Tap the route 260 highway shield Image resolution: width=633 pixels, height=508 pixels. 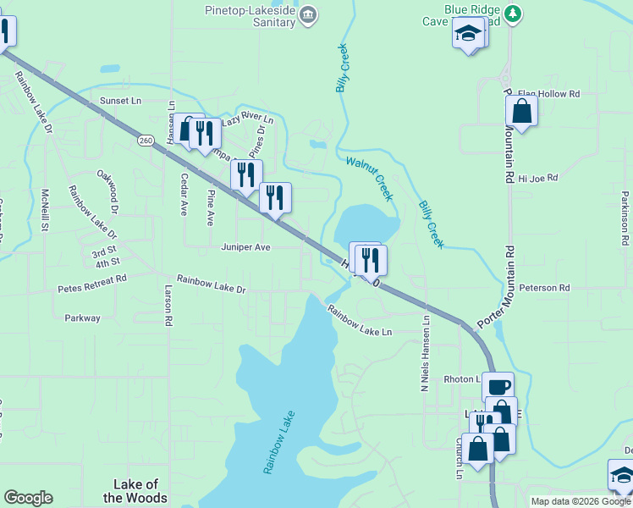(x=147, y=141)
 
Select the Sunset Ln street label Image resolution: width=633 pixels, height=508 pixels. (x=120, y=101)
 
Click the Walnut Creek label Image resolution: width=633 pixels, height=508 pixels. (x=370, y=177)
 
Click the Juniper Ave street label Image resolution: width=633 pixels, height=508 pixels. (x=245, y=247)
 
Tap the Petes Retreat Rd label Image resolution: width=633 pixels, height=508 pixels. (x=91, y=289)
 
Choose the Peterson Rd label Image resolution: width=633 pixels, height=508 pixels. (x=544, y=288)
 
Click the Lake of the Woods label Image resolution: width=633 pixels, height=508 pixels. (x=135, y=491)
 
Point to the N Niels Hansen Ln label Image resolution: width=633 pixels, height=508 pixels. (x=426, y=348)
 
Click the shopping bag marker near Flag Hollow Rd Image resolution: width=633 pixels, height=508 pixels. (x=521, y=111)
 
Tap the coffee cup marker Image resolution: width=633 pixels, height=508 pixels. (x=498, y=387)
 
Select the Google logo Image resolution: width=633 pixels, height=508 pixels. (x=28, y=498)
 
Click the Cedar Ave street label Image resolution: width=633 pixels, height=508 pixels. (x=183, y=196)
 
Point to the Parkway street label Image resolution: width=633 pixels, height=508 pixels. (x=82, y=318)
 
